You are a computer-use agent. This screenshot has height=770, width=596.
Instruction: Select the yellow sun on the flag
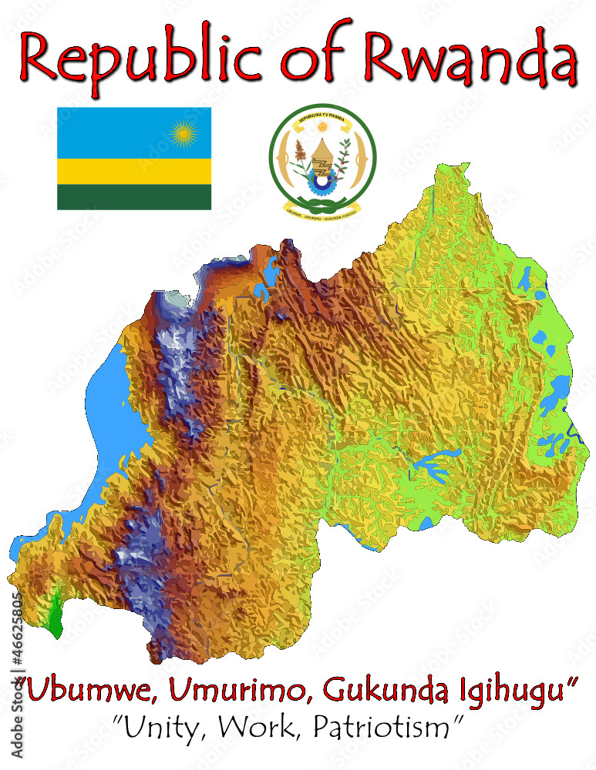[x=184, y=136]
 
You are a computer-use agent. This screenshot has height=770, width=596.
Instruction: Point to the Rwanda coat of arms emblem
[x=322, y=159]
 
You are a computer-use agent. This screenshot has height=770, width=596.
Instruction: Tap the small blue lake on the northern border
[x=271, y=273]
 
